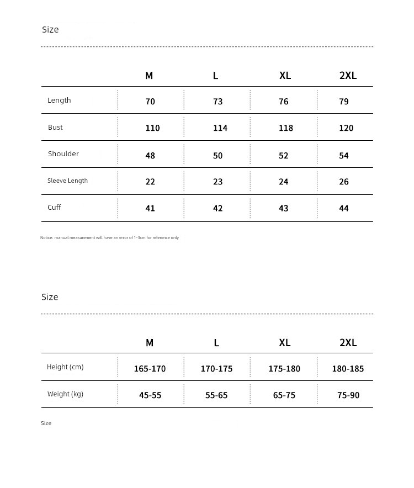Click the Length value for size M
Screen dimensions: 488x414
150,102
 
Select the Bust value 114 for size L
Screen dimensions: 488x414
220,128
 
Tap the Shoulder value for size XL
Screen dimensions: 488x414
284,156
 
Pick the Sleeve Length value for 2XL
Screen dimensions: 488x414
344,182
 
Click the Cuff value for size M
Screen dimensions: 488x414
150,209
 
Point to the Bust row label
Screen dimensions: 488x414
55,128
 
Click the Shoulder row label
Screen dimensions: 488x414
63,154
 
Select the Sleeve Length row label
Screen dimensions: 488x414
67,181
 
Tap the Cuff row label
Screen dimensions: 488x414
54,208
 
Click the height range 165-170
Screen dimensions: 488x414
150,369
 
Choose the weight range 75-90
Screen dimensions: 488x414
348,395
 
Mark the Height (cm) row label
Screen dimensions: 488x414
65,367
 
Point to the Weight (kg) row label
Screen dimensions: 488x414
65,394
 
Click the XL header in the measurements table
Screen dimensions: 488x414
285,76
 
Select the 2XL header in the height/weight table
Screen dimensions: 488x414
348,343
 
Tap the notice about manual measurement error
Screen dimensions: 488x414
109,238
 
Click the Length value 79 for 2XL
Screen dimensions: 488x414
344,102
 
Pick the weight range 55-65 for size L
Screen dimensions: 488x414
216,395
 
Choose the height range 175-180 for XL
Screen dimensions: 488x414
284,369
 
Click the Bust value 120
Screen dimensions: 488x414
346,128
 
